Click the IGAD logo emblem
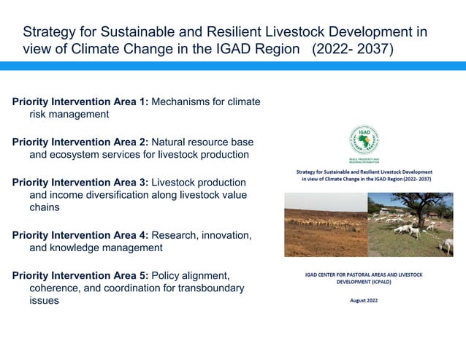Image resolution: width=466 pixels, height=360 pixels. coord(363,139)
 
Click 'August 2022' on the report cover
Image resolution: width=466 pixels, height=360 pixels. coord(363,299)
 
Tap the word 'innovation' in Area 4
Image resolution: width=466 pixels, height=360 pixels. coord(222,235)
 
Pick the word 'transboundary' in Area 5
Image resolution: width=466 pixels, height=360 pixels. coord(209,288)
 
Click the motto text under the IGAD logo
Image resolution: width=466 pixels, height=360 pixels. coord(364,159)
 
